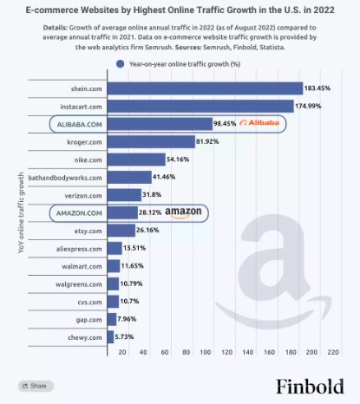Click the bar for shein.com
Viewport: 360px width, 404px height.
pos(205,88)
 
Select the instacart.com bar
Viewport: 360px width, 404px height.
pos(200,106)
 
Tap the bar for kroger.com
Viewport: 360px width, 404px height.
pos(151,141)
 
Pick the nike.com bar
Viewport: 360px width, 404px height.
pos(136,160)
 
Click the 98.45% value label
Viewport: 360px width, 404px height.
pos(225,124)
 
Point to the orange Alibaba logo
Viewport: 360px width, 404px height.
pos(259,123)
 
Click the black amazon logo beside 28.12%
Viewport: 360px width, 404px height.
pos(183,212)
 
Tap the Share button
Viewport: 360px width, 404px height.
pos(36,386)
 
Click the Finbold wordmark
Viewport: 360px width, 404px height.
pos(310,386)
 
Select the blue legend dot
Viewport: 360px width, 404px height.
pos(121,64)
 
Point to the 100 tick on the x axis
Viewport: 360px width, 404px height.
pos(206,352)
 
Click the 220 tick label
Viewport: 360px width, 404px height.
pos(333,352)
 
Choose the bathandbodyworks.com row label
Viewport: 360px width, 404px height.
pos(65,178)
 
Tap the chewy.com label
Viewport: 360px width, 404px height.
pos(85,337)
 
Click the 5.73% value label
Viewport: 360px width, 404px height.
pos(124,337)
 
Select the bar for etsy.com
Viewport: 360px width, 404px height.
pos(121,231)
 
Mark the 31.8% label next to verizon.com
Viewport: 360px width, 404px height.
pos(152,195)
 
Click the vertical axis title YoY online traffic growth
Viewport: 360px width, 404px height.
pos(21,212)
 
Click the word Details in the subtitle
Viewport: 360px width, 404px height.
pos(55,28)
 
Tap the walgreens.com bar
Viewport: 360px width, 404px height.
pos(113,283)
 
